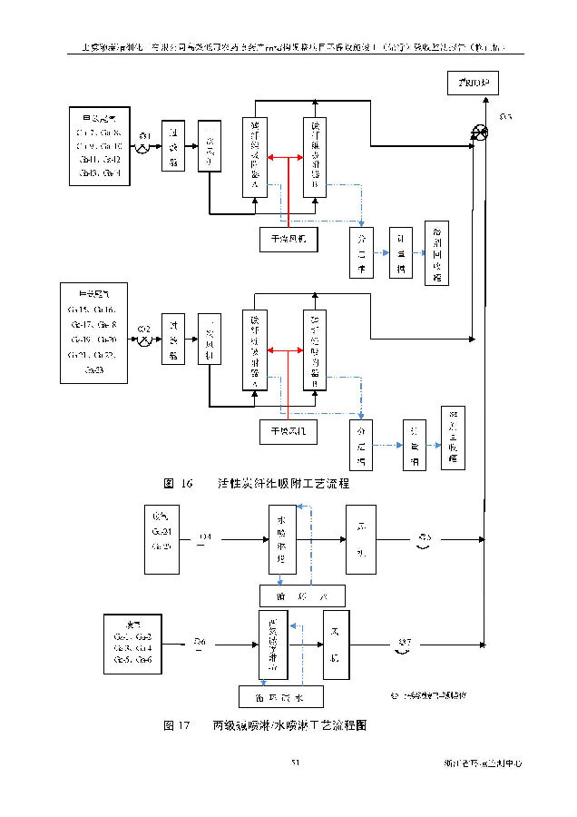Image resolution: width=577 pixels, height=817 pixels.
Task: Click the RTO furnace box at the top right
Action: click(474, 84)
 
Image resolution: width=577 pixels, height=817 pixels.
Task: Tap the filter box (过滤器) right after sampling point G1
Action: click(173, 144)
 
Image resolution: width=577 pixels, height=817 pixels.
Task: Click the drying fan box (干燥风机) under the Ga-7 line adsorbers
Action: click(288, 238)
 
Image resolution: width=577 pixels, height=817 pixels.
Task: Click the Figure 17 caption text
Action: click(265, 725)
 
